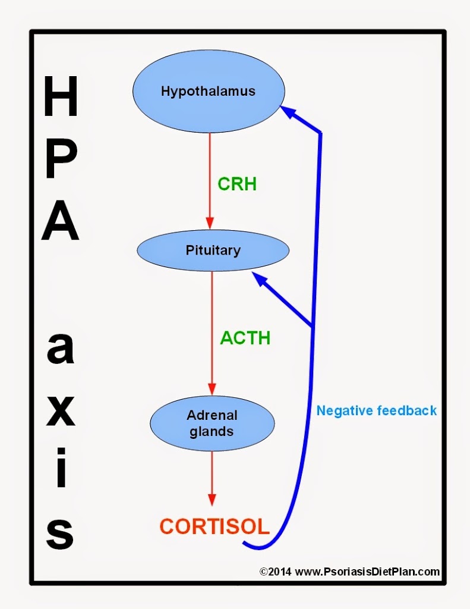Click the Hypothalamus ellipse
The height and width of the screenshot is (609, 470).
click(x=209, y=91)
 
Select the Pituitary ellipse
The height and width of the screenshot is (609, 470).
click(x=213, y=250)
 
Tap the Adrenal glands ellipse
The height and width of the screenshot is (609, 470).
click(x=212, y=423)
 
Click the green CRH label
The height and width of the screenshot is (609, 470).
click(x=237, y=184)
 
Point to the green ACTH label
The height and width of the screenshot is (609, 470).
click(x=245, y=338)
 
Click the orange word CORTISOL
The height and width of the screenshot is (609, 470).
click(x=215, y=527)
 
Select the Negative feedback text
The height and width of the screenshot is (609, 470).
click(x=377, y=410)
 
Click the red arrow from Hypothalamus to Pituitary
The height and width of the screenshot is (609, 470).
click(x=210, y=181)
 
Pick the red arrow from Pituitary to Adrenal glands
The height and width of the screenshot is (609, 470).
click(x=212, y=333)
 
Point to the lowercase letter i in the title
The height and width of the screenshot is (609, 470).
click(x=61, y=467)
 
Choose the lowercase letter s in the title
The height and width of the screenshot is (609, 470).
click(x=60, y=533)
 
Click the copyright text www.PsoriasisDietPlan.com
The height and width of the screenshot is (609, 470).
click(x=367, y=572)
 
